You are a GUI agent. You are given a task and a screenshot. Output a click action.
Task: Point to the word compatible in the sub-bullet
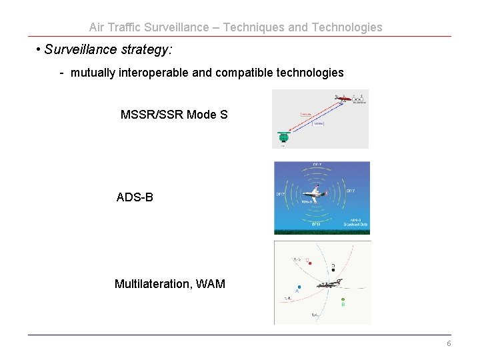[x=245, y=73]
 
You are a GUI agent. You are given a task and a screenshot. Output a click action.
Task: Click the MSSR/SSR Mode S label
[x=174, y=115]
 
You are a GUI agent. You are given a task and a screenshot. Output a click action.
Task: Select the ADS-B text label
[x=135, y=197]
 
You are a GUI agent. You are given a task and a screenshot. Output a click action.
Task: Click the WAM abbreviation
[x=212, y=284]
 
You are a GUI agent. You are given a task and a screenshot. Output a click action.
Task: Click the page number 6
[x=449, y=343]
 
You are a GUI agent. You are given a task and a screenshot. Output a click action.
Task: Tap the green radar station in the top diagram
[x=283, y=138]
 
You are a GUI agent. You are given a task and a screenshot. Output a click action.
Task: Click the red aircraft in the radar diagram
[x=343, y=99]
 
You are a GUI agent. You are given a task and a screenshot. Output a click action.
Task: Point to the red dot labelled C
[x=310, y=263]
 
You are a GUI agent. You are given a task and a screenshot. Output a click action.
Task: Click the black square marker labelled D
[x=333, y=270]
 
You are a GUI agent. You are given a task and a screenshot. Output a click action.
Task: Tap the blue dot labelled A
[x=299, y=287]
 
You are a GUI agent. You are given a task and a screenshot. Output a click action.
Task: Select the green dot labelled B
[x=343, y=300]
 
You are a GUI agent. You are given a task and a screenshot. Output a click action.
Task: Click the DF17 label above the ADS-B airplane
[x=317, y=165]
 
